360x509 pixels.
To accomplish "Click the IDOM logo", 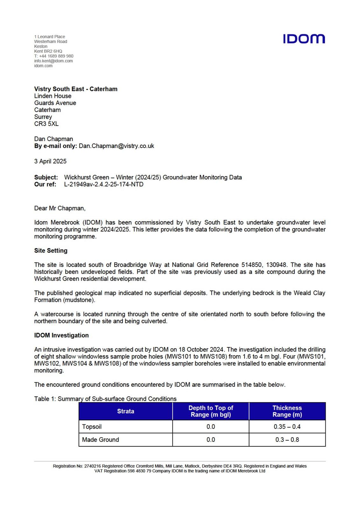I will click(304, 39).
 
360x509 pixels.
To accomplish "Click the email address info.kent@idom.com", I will click(53, 61).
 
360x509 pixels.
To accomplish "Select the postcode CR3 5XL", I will click(46, 124).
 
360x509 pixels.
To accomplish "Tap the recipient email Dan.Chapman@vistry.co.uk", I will click(116, 146).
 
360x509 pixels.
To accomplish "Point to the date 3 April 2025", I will click(50, 161).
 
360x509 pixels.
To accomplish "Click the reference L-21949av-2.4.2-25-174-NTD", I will click(104, 184).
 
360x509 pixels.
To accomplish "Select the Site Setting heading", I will click(51, 250).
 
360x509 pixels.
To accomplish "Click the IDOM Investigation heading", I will click(61, 335).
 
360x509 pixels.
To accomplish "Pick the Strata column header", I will click(126, 411).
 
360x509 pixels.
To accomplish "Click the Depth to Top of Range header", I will click(211, 411).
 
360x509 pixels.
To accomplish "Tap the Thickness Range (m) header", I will click(287, 411).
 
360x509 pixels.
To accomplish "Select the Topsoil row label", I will click(92, 427).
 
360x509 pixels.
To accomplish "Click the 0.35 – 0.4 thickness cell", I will click(287, 427).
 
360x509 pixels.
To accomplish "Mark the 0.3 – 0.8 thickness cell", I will click(287, 440).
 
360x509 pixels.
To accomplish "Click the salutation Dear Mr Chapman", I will click(60, 208).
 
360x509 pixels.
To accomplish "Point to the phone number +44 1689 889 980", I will click(56, 56).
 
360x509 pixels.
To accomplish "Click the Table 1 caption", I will click(105, 399).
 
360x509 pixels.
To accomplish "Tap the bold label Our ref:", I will click(45, 184).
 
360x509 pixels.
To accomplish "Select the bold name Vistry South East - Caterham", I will click(76, 89).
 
